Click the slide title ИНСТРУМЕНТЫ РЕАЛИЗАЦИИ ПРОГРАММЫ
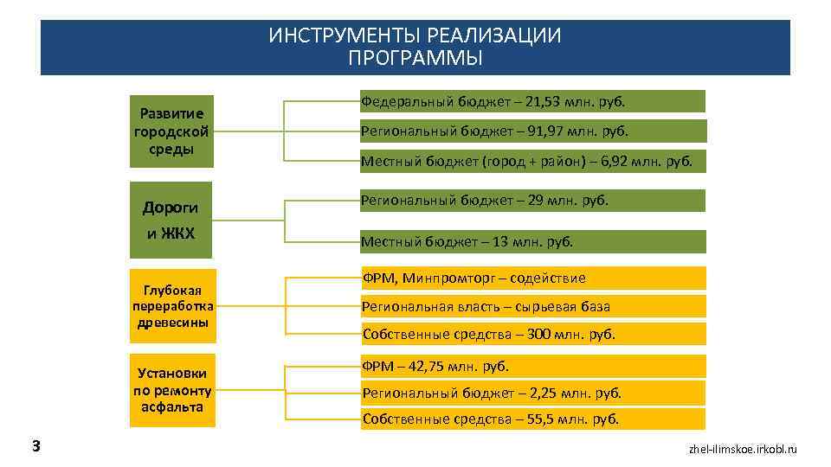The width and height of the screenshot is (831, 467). [415, 47]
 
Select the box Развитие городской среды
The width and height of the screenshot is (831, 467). [171, 131]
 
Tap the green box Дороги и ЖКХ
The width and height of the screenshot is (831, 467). [171, 220]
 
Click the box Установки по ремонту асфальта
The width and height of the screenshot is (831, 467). [171, 390]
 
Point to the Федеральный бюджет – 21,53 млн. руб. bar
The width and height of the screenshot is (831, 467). [531, 102]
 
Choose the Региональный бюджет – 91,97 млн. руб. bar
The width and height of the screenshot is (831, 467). [531, 131]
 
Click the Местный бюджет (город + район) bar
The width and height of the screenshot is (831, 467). [531, 161]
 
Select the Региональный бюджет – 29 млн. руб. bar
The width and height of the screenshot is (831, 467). [531, 201]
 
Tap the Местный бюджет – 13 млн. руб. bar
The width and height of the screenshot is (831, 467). [531, 241]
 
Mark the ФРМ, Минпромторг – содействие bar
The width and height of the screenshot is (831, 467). [531, 278]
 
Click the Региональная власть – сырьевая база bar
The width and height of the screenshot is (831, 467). [531, 306]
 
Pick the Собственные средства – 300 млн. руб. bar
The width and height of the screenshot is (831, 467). [531, 334]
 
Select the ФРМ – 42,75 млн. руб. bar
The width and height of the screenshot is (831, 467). [531, 366]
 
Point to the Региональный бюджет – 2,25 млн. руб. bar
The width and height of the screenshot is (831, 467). [531, 393]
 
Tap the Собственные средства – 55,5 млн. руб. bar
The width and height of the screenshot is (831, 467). [531, 419]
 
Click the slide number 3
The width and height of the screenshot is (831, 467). [35, 446]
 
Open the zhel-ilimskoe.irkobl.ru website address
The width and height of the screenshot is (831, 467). [742, 450]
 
